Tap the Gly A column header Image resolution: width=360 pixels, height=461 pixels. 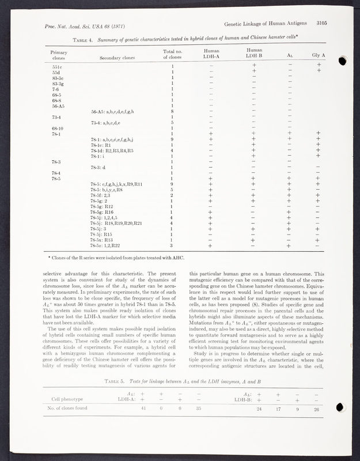[x=319, y=55]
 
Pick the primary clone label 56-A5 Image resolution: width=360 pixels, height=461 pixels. [x=52, y=106]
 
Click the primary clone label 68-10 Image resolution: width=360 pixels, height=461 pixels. [x=51, y=128]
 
